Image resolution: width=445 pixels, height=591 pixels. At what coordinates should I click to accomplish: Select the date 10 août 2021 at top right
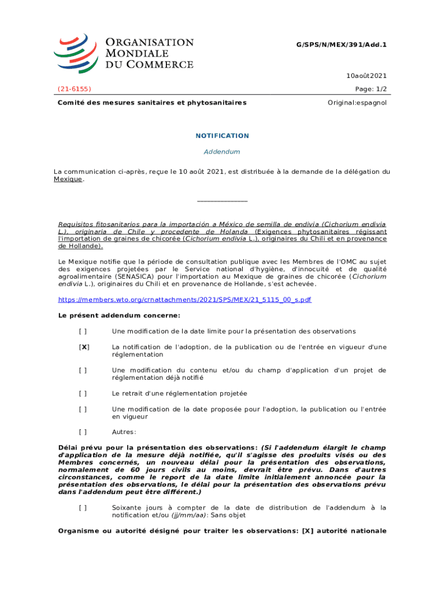point(366,76)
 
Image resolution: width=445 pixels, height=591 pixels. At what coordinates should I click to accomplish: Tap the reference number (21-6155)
point(74,89)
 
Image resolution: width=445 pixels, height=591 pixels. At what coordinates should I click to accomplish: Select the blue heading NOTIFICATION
point(222,136)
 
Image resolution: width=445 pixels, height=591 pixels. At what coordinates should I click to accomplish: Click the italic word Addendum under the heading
point(222,152)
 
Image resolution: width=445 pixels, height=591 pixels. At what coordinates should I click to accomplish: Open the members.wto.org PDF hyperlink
point(185,300)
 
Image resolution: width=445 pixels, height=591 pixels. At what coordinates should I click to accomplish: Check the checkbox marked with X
point(84,347)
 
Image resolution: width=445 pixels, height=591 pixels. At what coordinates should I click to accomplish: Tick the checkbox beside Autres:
point(83,432)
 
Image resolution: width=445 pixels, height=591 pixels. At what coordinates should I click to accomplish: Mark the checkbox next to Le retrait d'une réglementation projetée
point(83,394)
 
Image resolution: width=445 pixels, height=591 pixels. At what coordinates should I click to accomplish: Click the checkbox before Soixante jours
point(83,508)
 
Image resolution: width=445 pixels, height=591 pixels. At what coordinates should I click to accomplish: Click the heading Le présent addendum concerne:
point(120,316)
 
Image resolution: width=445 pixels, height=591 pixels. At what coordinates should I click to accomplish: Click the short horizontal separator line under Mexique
point(222,201)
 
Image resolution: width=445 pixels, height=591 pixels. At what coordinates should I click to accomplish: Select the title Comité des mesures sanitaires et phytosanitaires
point(152,103)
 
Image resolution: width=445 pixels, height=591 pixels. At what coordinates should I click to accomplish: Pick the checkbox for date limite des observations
point(83,331)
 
